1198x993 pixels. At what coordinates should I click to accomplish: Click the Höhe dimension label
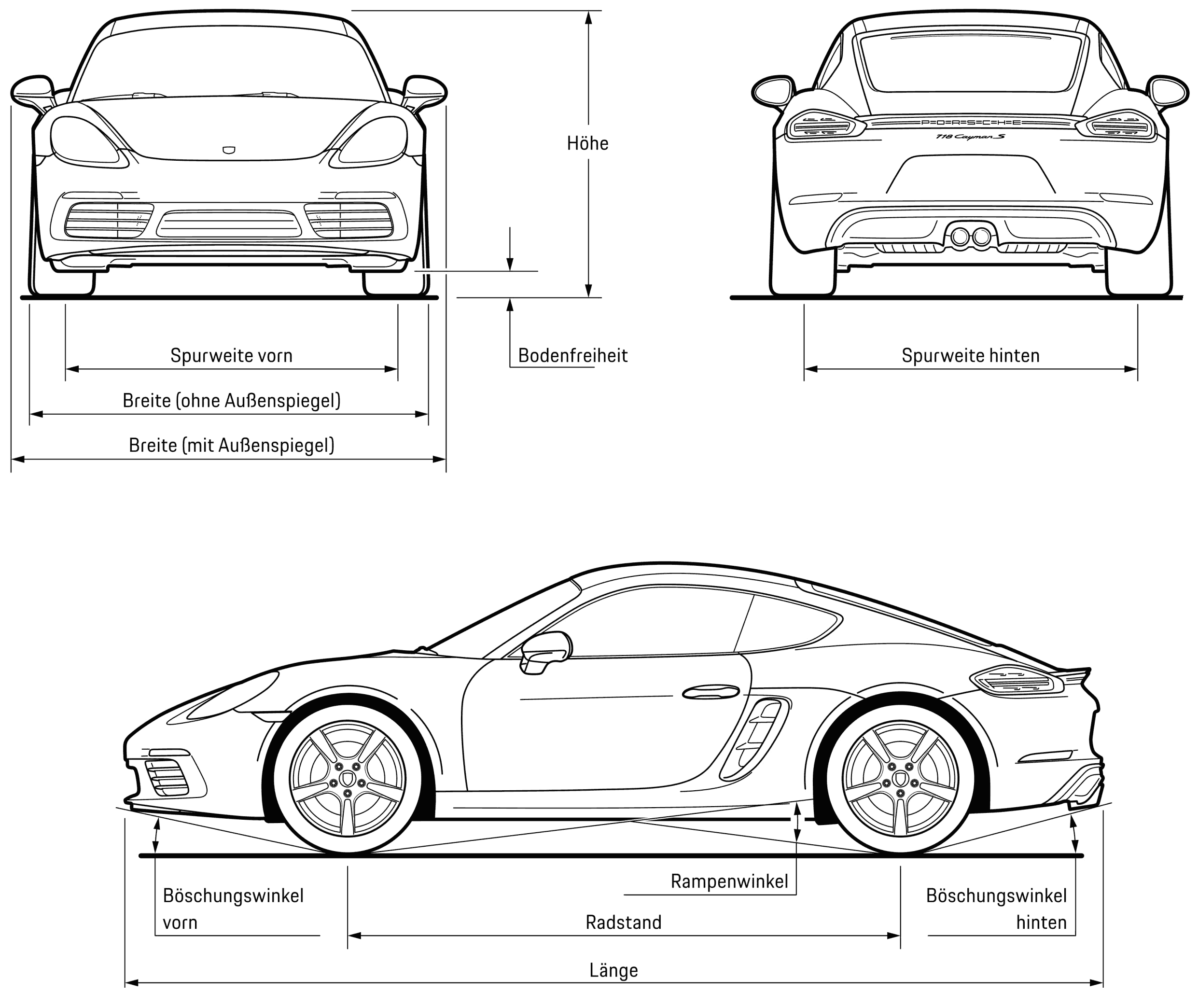pos(587,143)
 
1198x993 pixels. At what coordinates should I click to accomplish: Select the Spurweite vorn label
pos(231,356)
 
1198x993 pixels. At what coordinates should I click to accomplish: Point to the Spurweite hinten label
pos(970,356)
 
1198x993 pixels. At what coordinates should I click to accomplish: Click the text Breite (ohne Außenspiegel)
pos(231,401)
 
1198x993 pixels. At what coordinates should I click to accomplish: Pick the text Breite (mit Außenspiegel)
pos(231,445)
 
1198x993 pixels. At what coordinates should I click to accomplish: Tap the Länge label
pos(613,970)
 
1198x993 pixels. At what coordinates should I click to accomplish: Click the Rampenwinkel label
pos(729,881)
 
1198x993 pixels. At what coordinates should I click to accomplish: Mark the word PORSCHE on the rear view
pos(970,123)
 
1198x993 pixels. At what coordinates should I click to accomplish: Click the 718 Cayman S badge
pos(970,137)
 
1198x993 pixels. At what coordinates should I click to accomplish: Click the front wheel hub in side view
pos(348,780)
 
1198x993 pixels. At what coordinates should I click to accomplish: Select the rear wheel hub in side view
pos(900,780)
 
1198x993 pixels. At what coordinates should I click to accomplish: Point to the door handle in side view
pos(710,692)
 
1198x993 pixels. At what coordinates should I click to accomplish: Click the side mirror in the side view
pos(546,651)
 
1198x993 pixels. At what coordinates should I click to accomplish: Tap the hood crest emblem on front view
pos(229,151)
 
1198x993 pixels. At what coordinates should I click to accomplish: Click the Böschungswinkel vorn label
pos(233,909)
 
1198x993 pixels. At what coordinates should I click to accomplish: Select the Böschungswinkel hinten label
pos(996,909)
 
